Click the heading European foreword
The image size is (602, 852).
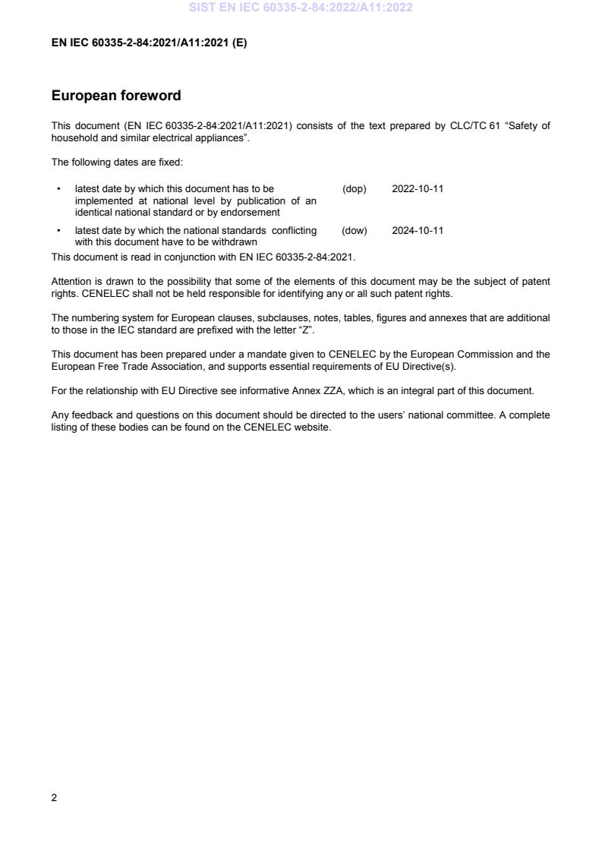(x=115, y=96)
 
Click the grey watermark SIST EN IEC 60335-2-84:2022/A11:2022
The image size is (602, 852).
(x=301, y=8)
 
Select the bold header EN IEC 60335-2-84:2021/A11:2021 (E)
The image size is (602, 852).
(x=149, y=43)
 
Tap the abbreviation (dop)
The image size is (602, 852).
(x=354, y=189)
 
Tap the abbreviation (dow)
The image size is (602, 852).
(x=354, y=231)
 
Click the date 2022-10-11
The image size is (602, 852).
(x=418, y=189)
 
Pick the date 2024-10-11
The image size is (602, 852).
(x=418, y=231)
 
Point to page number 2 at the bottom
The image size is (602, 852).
(x=54, y=798)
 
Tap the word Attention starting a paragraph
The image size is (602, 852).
(x=71, y=282)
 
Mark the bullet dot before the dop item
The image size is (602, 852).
(x=58, y=189)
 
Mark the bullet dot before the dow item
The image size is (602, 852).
(x=58, y=231)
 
